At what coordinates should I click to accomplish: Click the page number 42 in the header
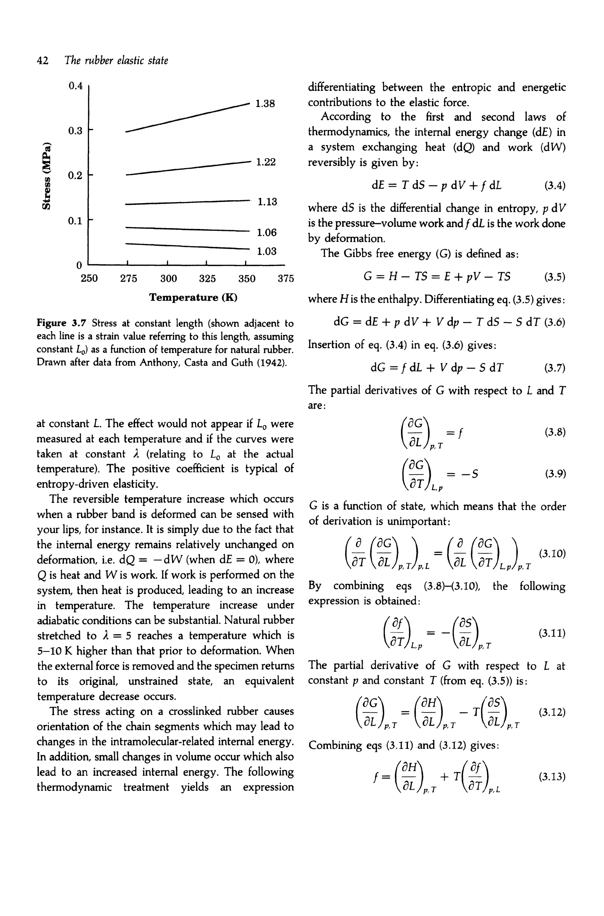42,60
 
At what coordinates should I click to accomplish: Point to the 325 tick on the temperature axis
207,278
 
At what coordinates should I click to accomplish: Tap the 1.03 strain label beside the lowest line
267,252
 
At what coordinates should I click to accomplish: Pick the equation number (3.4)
554,186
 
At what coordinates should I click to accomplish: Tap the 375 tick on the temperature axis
286,278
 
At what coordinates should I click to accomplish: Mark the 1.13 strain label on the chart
267,202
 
